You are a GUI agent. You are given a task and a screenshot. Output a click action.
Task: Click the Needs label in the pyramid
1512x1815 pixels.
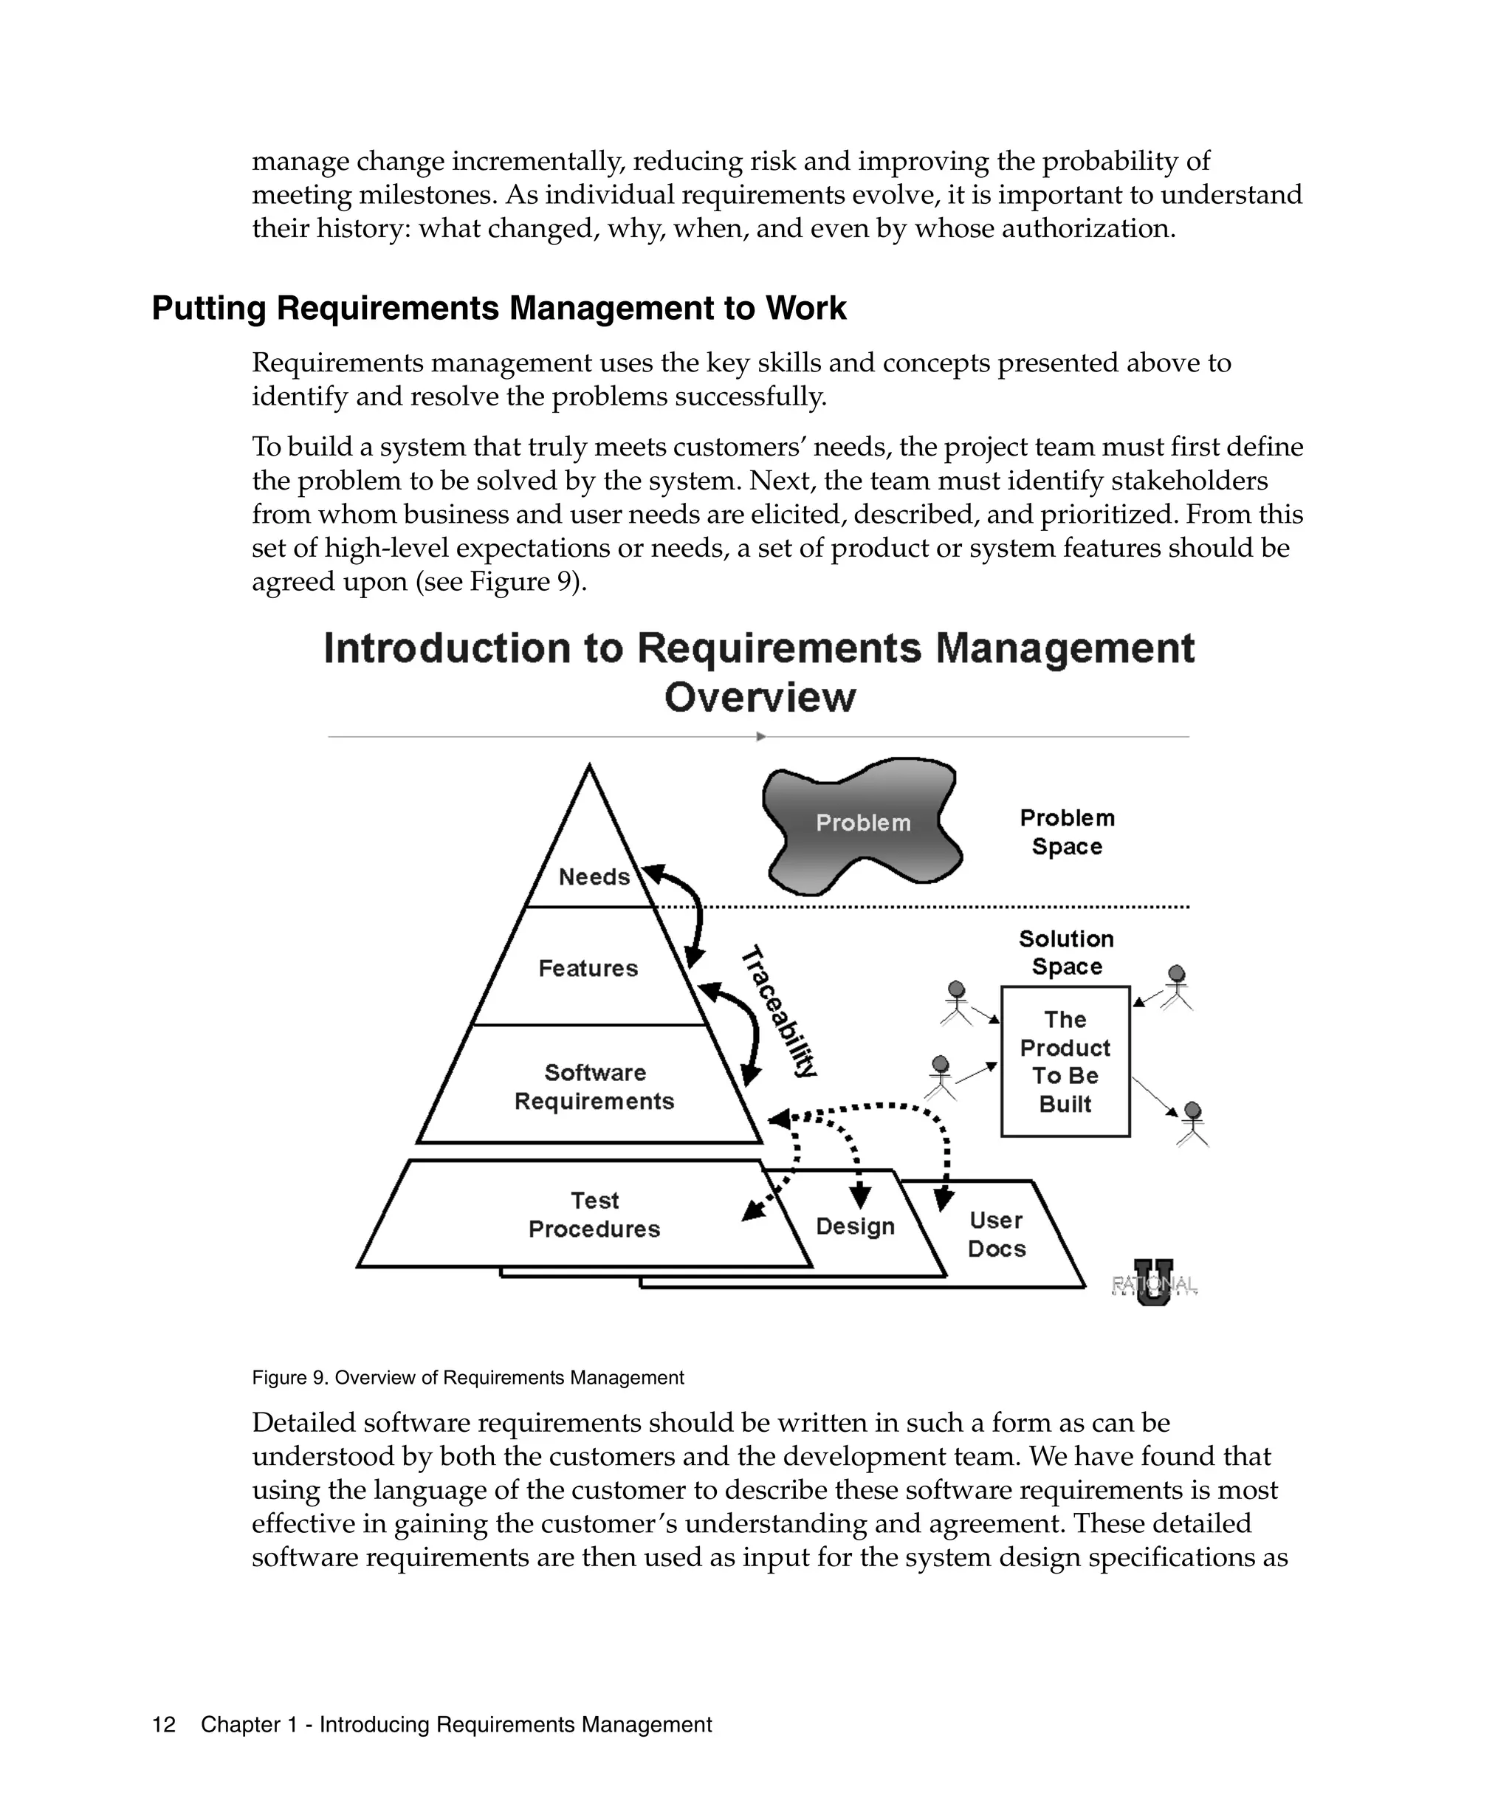click(x=594, y=876)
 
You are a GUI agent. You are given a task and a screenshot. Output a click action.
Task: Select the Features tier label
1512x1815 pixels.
click(x=588, y=968)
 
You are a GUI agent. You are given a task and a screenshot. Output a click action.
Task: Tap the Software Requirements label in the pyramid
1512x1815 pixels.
click(x=594, y=1086)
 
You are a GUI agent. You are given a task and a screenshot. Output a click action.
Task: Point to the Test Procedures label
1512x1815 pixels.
click(x=594, y=1215)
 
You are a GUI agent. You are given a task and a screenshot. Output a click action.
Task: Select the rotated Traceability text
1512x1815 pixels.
click(x=778, y=1010)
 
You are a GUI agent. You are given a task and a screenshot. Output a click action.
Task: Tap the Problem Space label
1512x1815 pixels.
click(x=1067, y=831)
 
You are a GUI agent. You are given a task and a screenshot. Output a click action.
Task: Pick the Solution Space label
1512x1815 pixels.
click(x=1066, y=953)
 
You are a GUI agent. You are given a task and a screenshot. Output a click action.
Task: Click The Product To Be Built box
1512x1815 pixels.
click(x=1065, y=1061)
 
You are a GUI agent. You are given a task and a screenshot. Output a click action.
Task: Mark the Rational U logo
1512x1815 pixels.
click(x=1153, y=1283)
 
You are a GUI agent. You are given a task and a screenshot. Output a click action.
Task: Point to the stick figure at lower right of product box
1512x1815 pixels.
click(x=1192, y=1124)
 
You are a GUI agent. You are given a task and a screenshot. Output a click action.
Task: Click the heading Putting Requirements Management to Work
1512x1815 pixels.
click(x=498, y=309)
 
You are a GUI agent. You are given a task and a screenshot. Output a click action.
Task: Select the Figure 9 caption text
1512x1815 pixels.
click(x=467, y=1378)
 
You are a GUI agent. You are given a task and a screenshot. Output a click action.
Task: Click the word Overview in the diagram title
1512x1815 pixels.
click(x=760, y=696)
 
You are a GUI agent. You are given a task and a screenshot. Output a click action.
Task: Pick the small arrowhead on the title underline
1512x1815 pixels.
click(x=760, y=736)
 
